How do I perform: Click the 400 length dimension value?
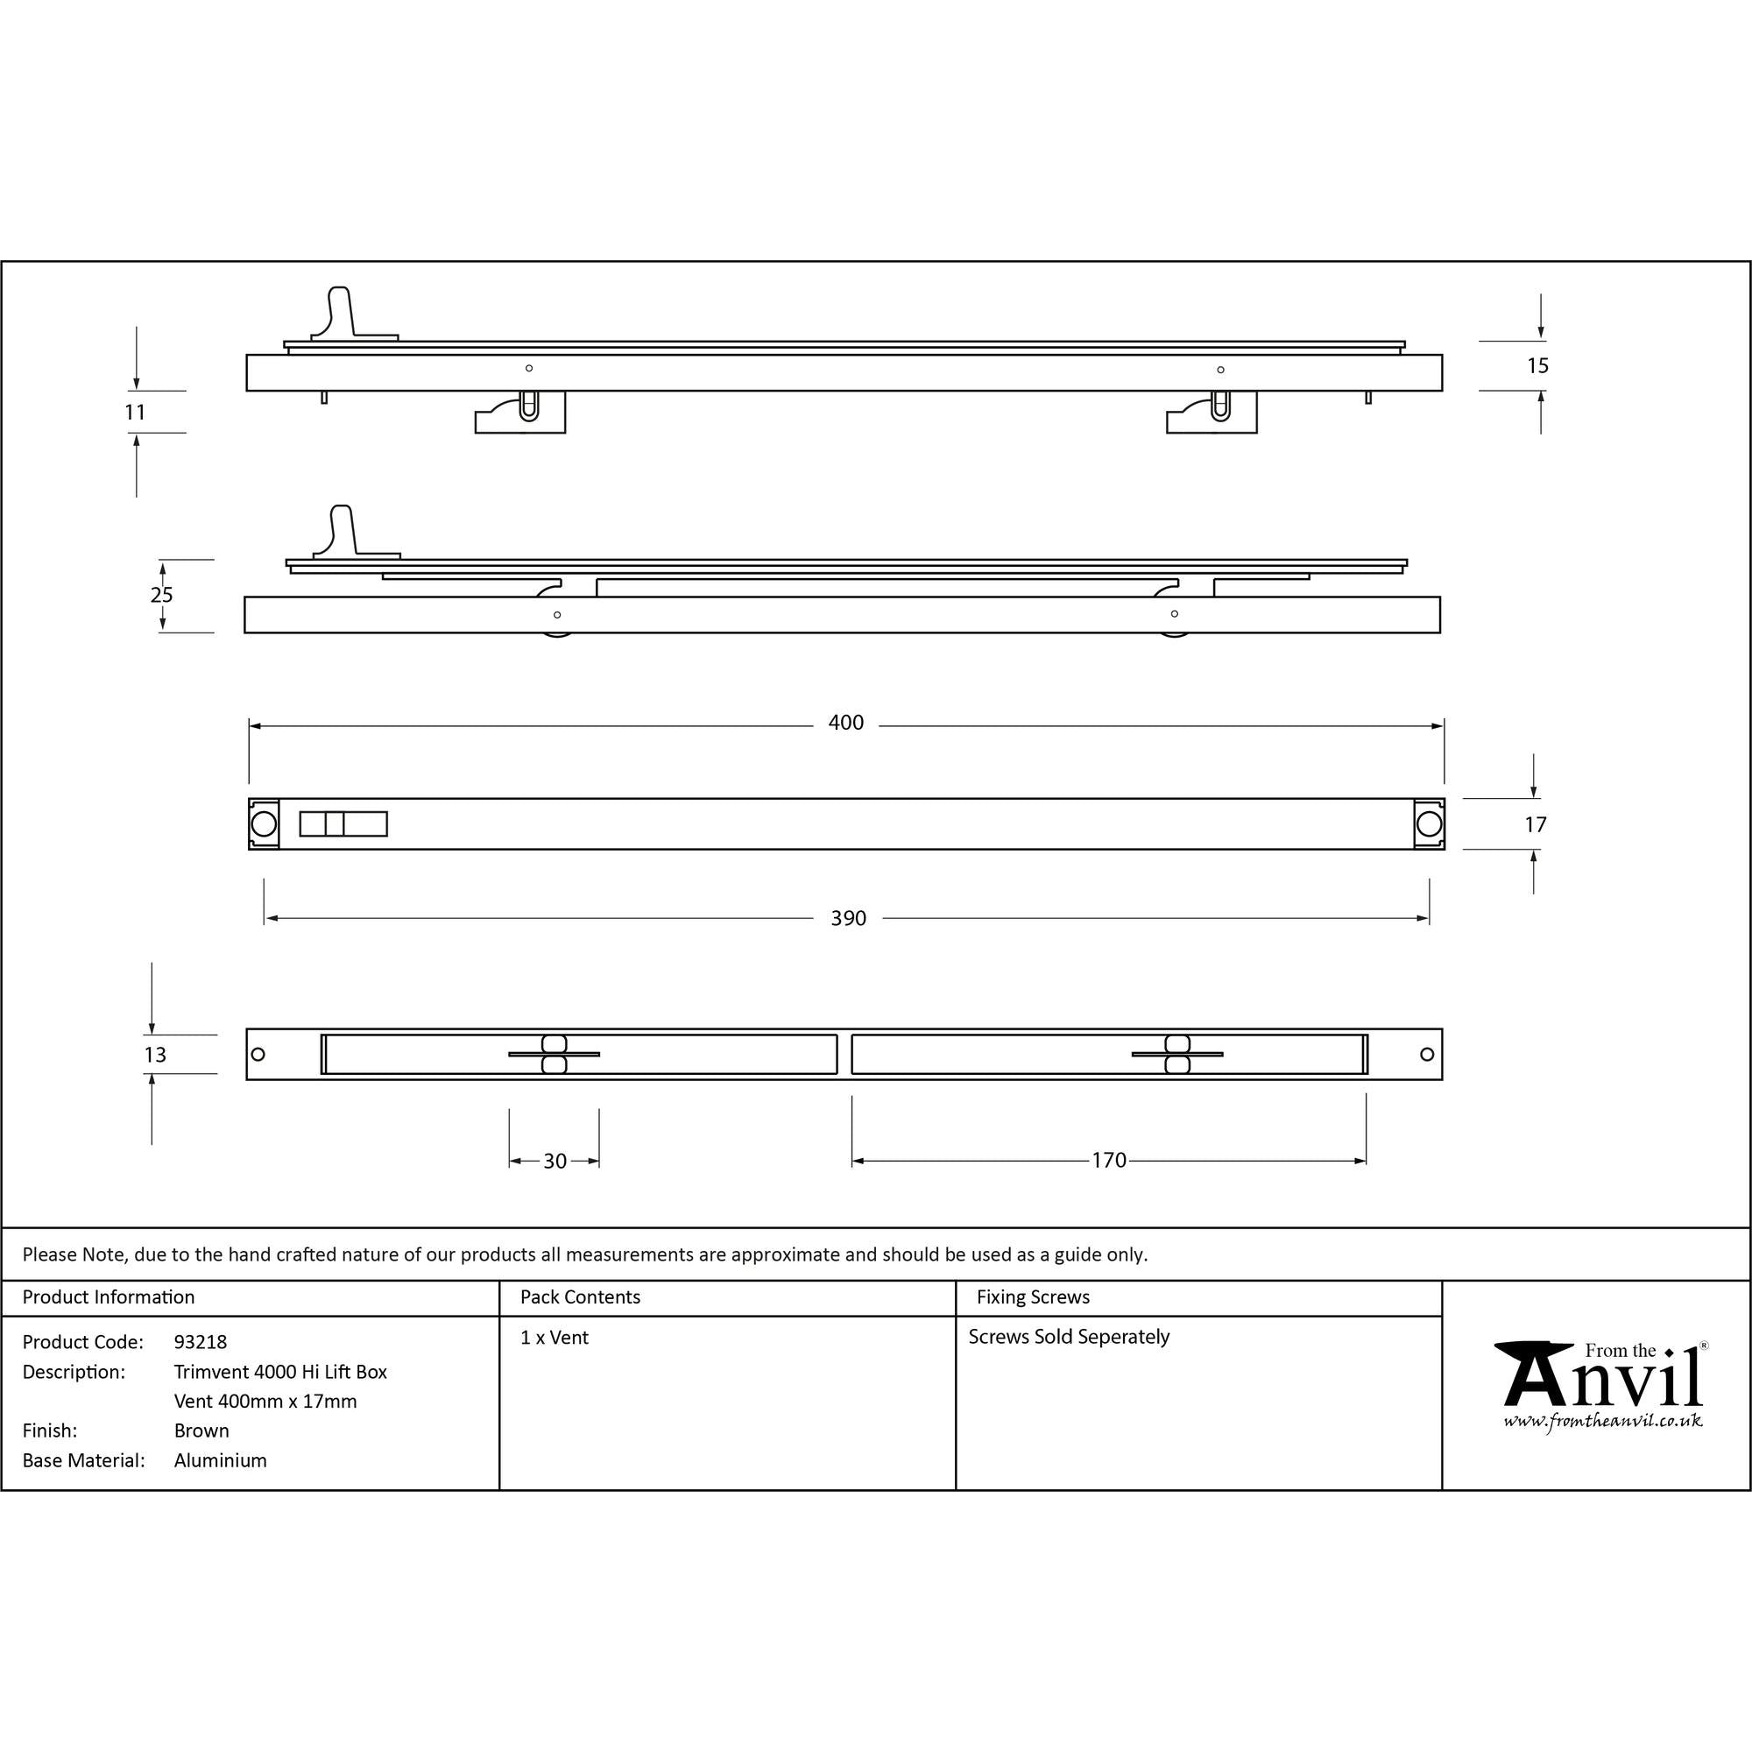pos(845,723)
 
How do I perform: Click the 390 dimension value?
pos(848,919)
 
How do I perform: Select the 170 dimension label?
pos(1108,1161)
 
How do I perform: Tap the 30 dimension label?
pos(555,1162)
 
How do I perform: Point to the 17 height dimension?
pos(1536,825)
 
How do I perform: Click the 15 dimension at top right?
pos(1537,366)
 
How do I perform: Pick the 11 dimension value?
pos(135,413)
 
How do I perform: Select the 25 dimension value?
pos(161,595)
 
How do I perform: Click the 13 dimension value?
pos(155,1055)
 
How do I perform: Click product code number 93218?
pos(201,1342)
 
